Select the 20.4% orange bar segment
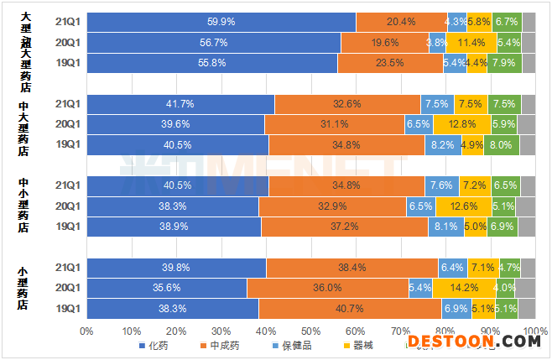pos(401,22)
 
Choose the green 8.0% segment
pos(499,144)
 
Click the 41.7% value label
pos(180,104)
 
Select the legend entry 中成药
pos(221,345)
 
